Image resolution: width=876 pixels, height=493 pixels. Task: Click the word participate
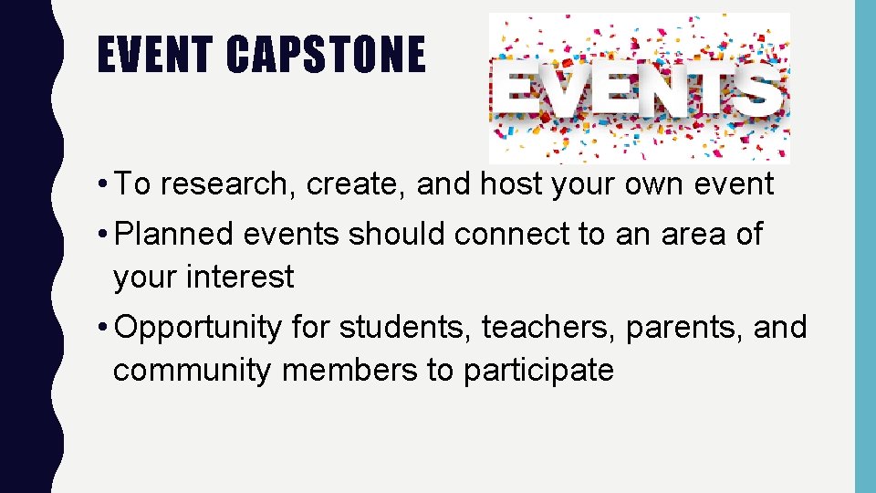[x=538, y=371]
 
